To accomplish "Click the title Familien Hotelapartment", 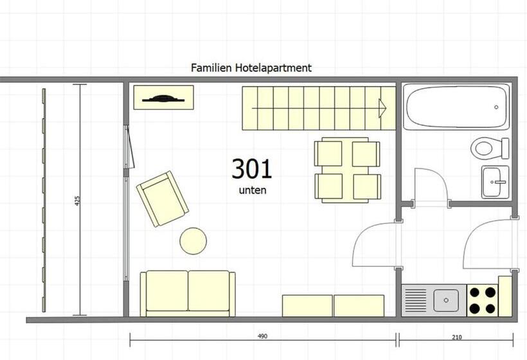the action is point(251,68).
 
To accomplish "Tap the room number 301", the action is point(251,169).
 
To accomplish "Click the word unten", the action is point(253,190).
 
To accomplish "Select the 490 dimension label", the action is point(262,336).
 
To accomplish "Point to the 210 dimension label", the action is point(457,337).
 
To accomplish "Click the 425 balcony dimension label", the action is point(77,201).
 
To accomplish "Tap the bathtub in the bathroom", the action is point(456,107).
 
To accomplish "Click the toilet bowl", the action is point(482,148).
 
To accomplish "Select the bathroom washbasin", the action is point(495,182).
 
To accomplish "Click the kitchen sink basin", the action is point(446,300).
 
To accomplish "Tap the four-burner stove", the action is point(482,300).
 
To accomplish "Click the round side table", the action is point(193,241).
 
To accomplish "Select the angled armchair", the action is point(163,199).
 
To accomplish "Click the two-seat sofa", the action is point(188,293).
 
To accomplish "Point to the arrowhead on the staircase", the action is point(382,108).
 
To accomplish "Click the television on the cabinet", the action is point(163,99).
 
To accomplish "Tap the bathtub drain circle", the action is point(496,107).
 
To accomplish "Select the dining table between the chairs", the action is point(348,170).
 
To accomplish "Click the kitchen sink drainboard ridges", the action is point(416,300).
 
